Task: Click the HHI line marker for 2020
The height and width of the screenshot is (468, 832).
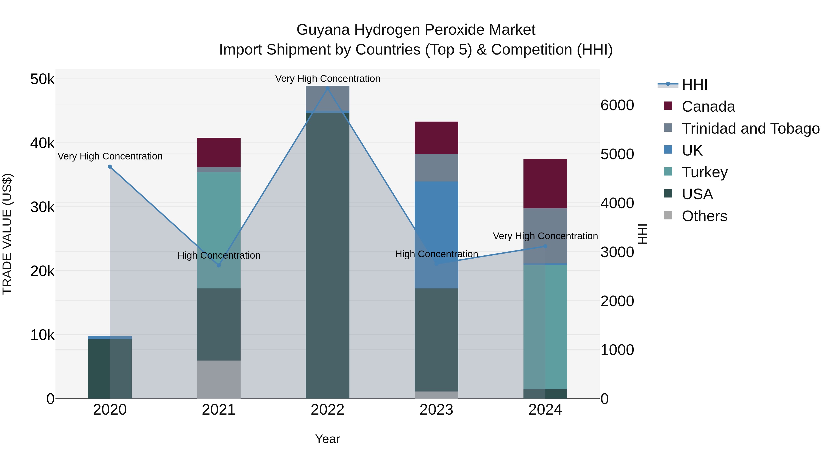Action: [110, 167]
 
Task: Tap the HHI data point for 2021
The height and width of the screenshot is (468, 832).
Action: [219, 265]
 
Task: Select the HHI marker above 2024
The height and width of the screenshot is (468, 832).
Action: [545, 246]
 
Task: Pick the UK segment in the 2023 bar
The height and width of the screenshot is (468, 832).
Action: [436, 226]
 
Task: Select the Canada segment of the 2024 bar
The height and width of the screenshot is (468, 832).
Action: [545, 184]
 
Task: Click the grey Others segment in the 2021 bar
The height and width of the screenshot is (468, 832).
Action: [219, 379]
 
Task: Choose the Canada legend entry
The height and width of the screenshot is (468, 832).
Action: [708, 107]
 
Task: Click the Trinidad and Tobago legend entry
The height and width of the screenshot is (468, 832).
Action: [750, 128]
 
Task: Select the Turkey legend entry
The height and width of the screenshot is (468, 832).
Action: [704, 172]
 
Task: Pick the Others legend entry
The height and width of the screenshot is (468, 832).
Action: [704, 216]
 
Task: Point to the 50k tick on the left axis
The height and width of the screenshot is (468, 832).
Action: [42, 79]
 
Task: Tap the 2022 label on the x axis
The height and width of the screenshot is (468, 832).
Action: [327, 410]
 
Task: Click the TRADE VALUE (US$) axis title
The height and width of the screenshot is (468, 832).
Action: [7, 234]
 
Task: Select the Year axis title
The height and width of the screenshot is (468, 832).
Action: [327, 439]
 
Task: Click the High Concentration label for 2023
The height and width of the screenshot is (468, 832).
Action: [436, 254]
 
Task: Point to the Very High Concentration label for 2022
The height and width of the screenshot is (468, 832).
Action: [327, 79]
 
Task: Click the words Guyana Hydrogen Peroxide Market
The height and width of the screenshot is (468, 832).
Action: [416, 30]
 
